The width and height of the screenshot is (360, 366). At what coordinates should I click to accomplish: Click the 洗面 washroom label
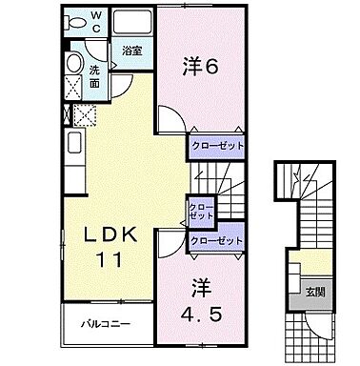[97, 76]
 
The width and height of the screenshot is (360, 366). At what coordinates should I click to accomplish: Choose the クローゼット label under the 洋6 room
[216, 146]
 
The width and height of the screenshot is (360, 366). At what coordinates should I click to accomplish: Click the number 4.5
[199, 312]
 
